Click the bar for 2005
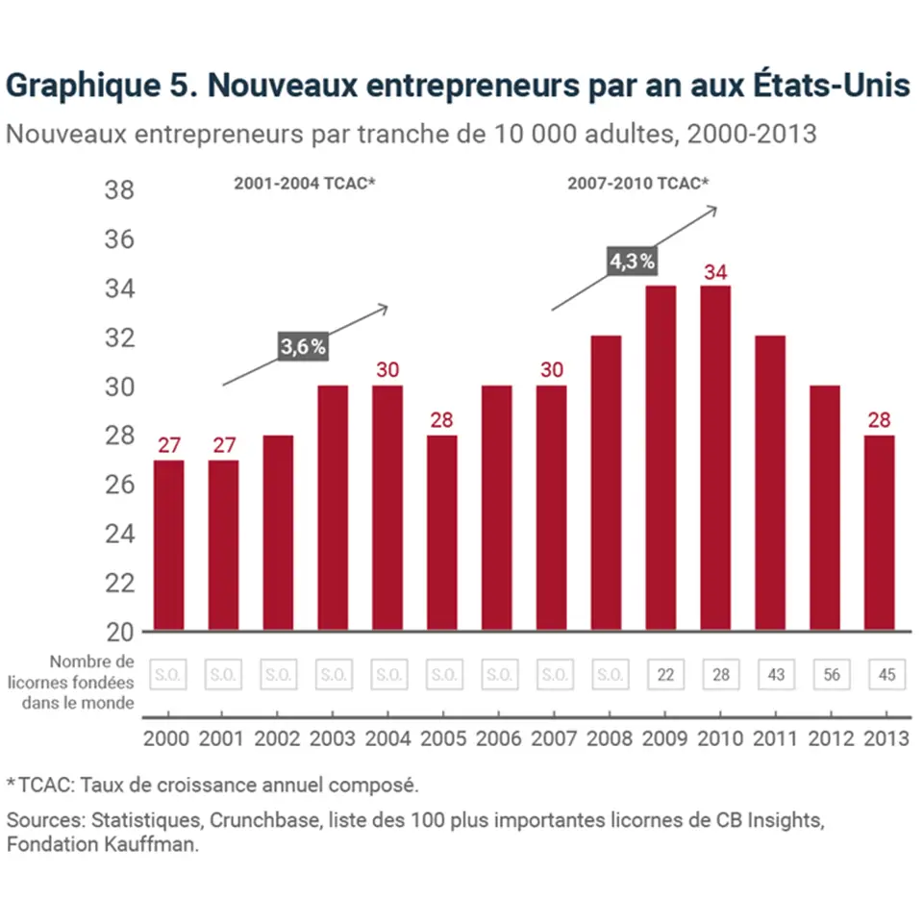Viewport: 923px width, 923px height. (x=443, y=534)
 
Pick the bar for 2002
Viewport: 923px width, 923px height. (x=278, y=534)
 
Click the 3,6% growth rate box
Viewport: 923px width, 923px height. (x=304, y=348)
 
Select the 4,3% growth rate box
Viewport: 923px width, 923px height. (x=633, y=261)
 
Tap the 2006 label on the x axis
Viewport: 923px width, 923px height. (x=499, y=738)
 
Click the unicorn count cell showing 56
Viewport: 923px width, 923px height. (x=832, y=675)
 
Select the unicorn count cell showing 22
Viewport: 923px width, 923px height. (x=665, y=675)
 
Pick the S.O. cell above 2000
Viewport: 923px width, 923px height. (x=167, y=675)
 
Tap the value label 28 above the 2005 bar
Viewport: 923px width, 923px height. (x=443, y=421)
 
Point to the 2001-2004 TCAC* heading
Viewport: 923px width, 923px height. (x=304, y=183)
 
